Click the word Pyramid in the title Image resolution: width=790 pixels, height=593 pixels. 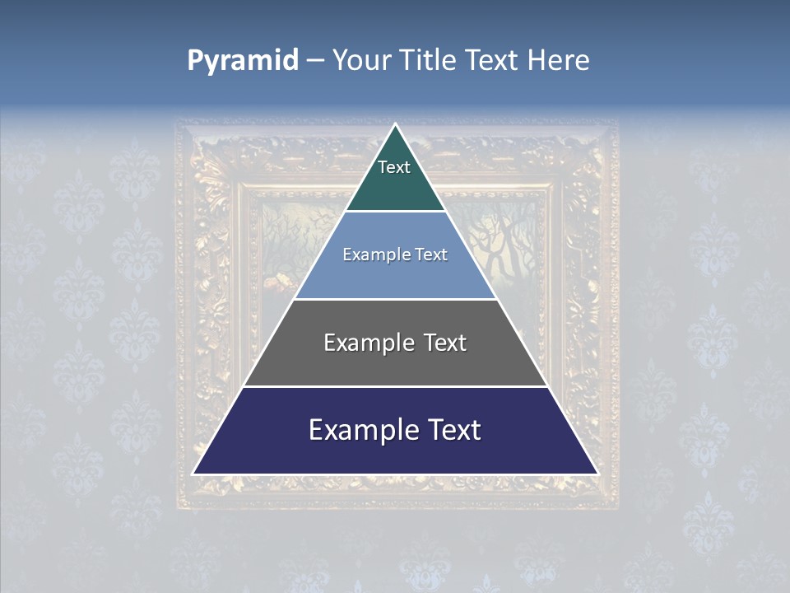[x=242, y=61]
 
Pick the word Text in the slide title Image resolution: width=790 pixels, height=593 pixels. [x=494, y=61]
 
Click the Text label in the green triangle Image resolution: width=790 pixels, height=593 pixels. [x=394, y=167]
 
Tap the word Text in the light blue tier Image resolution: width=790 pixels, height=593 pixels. [x=432, y=255]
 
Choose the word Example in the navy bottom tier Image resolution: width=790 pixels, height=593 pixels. [x=359, y=430]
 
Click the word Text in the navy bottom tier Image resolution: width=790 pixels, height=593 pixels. [x=451, y=430]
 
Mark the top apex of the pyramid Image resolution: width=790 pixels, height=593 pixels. [x=395, y=125]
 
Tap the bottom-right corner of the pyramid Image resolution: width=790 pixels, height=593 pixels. [x=597, y=474]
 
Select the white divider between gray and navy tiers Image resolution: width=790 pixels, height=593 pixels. [x=395, y=386]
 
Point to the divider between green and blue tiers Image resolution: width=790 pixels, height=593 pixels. [x=395, y=211]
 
